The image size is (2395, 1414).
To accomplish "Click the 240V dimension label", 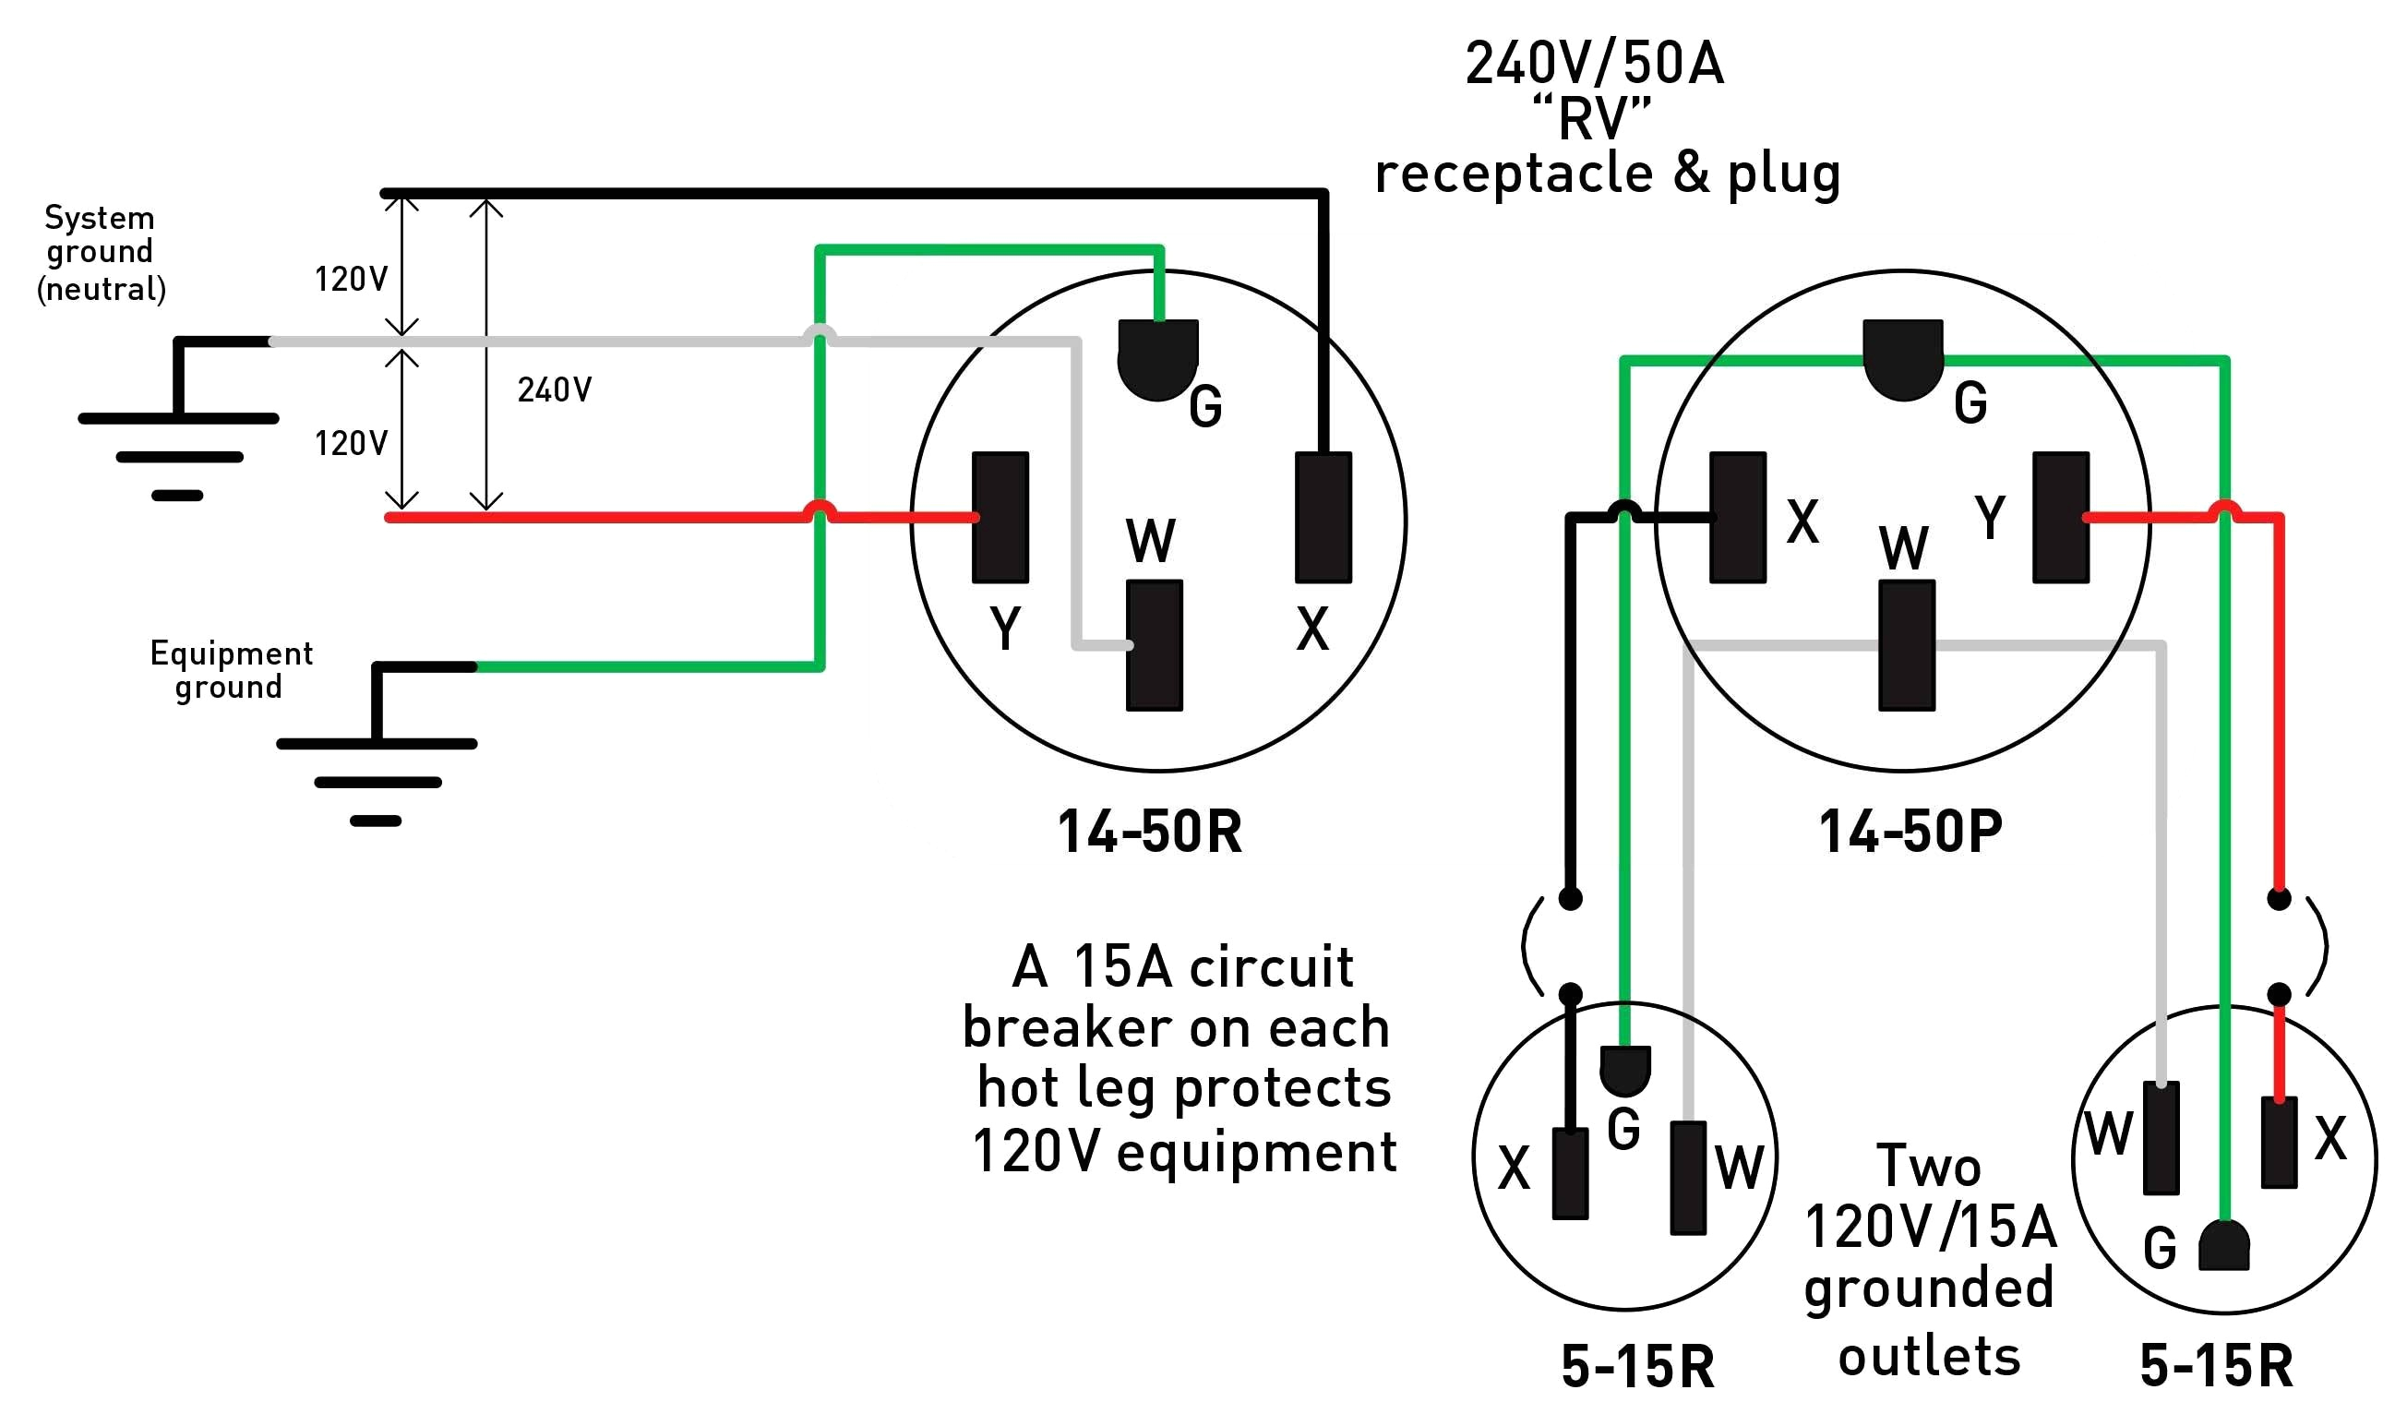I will click(555, 389).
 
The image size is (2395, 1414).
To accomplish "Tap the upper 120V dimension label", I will click(351, 278).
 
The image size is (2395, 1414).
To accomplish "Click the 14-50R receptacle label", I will click(1149, 832).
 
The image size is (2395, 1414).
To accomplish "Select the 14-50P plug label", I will click(1910, 832).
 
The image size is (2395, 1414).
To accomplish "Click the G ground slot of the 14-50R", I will click(1157, 358).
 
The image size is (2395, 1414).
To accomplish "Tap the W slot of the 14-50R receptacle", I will click(1154, 645).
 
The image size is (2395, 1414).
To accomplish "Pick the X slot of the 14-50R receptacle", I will click(1323, 518).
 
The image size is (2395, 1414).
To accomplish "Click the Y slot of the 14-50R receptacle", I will click(1000, 518).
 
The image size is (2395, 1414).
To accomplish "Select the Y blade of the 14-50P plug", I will click(2061, 518).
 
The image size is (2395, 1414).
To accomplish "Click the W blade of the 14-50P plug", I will click(1906, 645).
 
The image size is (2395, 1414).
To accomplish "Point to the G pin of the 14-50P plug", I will click(1902, 358).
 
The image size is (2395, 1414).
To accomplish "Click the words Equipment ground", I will click(231, 669).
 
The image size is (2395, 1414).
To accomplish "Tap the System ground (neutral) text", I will click(100, 253).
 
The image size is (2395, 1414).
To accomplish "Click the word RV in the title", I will click(1591, 119).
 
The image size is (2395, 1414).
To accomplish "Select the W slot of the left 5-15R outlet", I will click(1687, 1178).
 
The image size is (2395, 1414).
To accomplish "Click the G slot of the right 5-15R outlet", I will click(2223, 1246).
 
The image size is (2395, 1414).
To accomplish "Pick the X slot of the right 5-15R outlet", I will click(2278, 1142).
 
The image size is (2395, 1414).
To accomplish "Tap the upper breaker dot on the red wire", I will click(2278, 899).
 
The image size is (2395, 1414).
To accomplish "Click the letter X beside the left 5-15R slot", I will click(1513, 1168).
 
